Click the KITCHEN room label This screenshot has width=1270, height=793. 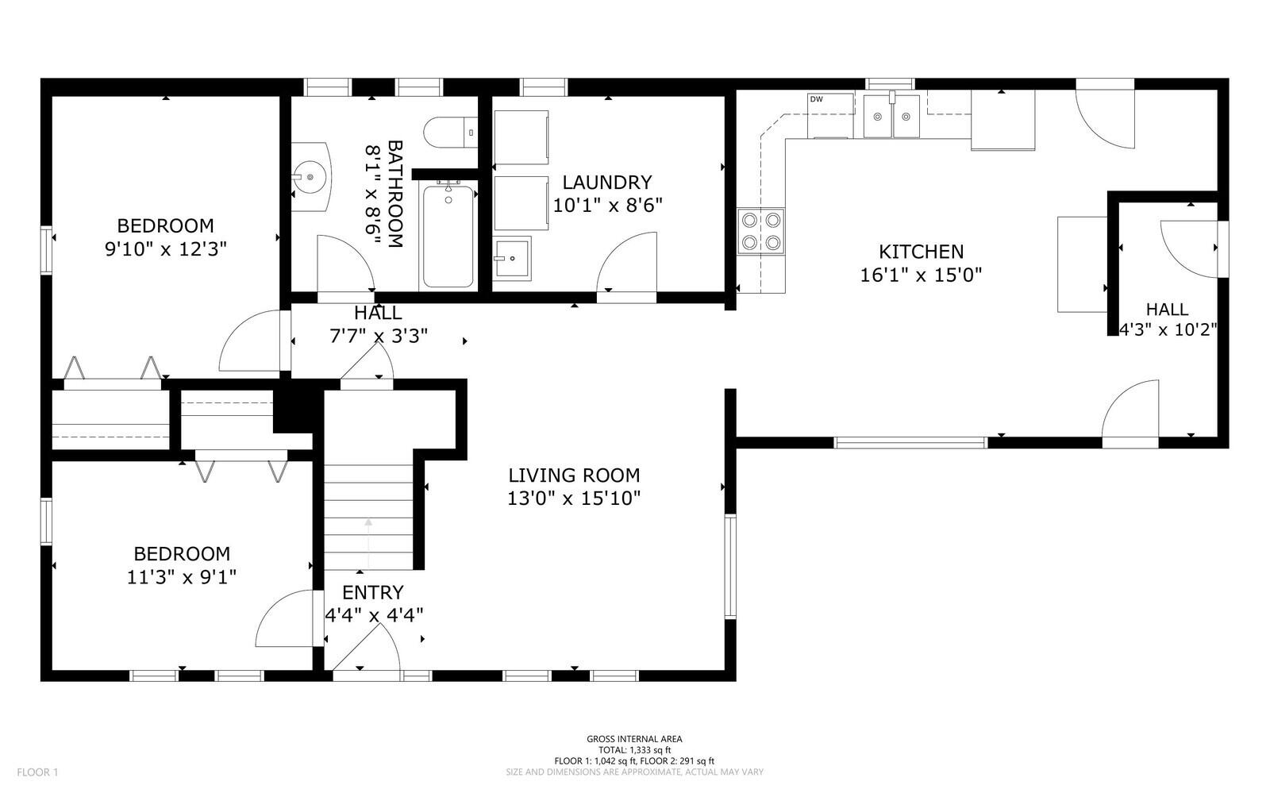click(921, 251)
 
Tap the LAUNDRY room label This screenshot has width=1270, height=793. click(607, 182)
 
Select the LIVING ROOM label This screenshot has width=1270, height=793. click(574, 475)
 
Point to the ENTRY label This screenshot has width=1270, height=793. click(373, 592)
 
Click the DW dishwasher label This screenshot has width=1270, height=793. click(817, 99)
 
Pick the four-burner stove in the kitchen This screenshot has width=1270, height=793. click(761, 231)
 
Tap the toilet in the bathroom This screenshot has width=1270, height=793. click(451, 132)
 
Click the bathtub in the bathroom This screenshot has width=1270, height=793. click(448, 236)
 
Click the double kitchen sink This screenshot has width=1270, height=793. click(891, 116)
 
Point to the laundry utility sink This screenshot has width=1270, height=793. click(512, 259)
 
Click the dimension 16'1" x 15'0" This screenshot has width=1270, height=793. click(921, 275)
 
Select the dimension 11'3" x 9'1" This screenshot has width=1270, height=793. click(182, 577)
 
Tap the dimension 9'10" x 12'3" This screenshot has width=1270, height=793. click(166, 248)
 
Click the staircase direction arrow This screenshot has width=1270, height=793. click(368, 543)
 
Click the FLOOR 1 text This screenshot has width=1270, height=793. click(37, 772)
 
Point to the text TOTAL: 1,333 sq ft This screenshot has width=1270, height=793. click(634, 750)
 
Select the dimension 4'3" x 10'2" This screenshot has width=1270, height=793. click(1168, 329)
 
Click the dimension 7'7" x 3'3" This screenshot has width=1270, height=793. click(378, 336)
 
